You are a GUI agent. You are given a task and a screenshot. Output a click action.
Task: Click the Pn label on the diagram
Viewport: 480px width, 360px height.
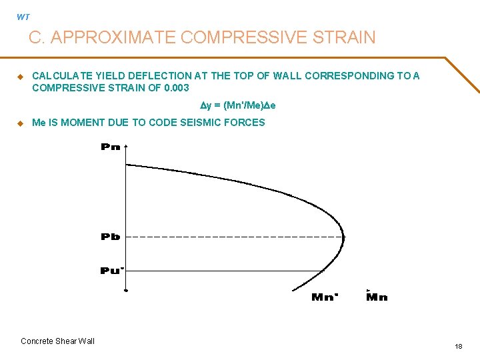tap(111, 147)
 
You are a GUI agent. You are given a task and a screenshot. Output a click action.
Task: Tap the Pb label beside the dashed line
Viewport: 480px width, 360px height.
tap(111, 237)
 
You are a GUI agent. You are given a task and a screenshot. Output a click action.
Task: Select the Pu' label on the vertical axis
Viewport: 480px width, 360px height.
tap(111, 270)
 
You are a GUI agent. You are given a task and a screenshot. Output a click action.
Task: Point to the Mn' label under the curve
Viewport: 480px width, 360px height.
tap(325, 297)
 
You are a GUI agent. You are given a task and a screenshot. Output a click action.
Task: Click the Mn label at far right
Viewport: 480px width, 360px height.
tap(377, 297)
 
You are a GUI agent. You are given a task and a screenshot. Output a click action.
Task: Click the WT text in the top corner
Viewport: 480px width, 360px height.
tap(23, 17)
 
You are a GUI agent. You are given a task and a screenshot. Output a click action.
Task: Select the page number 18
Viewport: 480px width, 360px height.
tap(458, 347)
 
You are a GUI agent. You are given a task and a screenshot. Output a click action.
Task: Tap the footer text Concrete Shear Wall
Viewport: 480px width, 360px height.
tap(58, 341)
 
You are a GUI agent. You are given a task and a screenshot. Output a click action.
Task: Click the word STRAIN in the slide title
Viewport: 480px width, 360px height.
tap(346, 38)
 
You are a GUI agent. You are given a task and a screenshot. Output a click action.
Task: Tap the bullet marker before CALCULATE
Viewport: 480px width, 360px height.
tap(20, 77)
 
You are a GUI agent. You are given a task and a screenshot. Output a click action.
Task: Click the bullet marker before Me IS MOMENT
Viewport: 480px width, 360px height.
tap(20, 123)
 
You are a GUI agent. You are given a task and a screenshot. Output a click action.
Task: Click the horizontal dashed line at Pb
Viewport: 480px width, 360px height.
tap(233, 237)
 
